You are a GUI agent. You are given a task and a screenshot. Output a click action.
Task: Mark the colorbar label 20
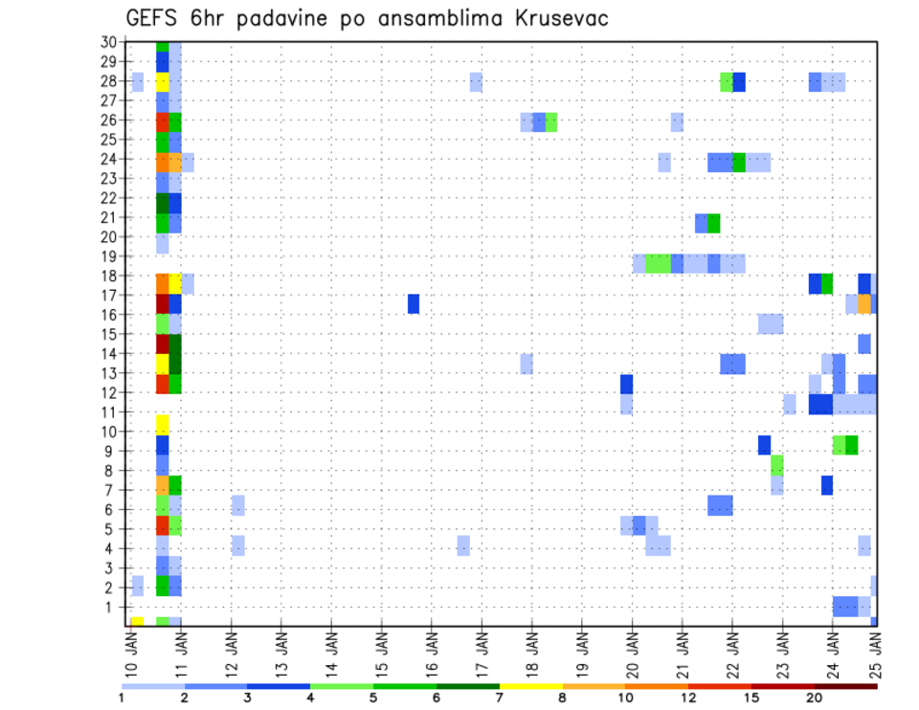coord(815,697)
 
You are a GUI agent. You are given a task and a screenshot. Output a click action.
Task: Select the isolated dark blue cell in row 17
coord(414,303)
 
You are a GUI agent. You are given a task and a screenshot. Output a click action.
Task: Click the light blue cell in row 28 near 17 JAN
coord(476,82)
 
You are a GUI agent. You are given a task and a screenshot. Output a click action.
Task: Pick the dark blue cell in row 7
coord(827,485)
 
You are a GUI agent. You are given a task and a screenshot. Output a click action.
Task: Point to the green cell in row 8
coord(777,465)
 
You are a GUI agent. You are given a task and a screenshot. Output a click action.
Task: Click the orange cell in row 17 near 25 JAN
coord(864,303)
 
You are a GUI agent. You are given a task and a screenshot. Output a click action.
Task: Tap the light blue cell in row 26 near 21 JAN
coord(677,122)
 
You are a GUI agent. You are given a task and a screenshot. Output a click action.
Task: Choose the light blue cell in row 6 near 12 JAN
coord(238,505)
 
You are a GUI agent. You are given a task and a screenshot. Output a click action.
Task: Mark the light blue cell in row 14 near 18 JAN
coord(527,364)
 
